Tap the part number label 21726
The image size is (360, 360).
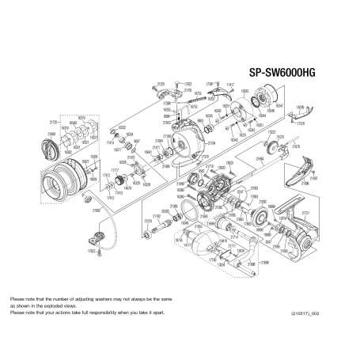click(x=51, y=123)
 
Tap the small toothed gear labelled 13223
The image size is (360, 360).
click(x=277, y=146)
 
